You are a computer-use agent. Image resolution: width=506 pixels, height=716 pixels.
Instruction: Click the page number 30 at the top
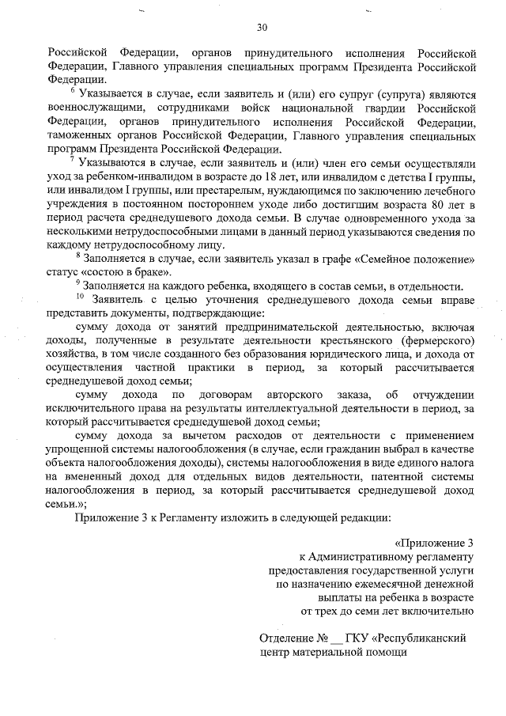(262, 29)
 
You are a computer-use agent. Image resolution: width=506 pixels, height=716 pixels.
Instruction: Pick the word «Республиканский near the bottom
(424, 638)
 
